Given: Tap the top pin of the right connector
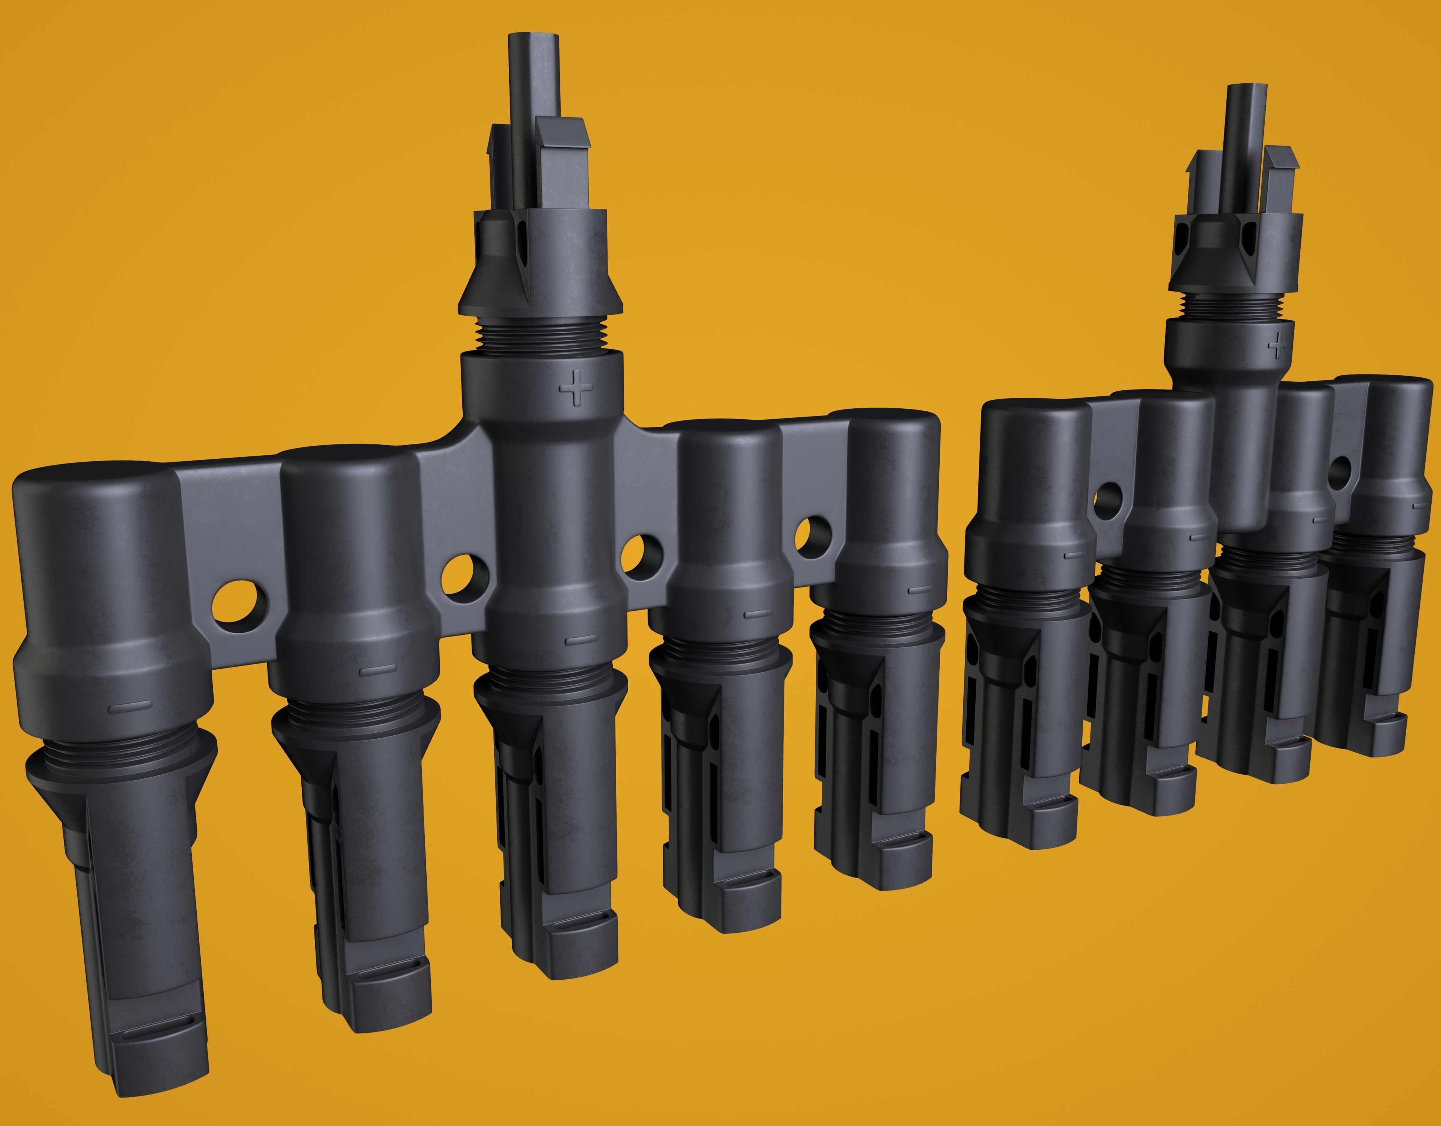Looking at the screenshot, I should point(1246,125).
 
